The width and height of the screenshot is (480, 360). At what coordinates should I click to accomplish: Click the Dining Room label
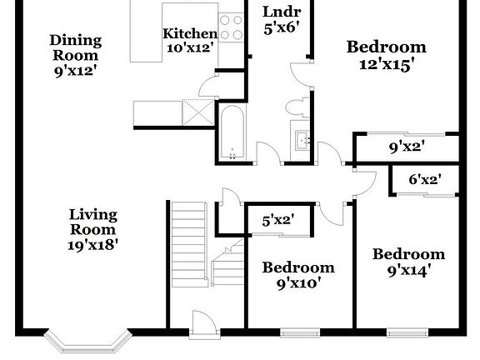pos(75,55)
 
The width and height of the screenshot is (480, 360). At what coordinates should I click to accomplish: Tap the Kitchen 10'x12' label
pos(190,40)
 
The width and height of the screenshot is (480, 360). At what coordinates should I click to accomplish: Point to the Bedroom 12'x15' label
pos(386,54)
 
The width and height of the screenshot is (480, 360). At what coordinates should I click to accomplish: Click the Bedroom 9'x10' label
pos(298,274)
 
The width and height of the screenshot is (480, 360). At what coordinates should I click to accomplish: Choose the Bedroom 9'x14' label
pos(408,262)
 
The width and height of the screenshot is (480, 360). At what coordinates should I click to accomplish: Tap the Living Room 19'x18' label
pos(92,229)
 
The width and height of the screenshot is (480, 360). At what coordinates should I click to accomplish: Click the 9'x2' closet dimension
pos(407,147)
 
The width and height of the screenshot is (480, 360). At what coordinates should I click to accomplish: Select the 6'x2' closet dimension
pos(424,178)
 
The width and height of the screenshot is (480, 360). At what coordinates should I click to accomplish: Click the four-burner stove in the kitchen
pos(231,27)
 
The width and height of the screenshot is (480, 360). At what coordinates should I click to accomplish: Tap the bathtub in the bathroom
pos(232,131)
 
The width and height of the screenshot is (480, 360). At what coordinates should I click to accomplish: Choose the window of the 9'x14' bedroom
pos(408,332)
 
